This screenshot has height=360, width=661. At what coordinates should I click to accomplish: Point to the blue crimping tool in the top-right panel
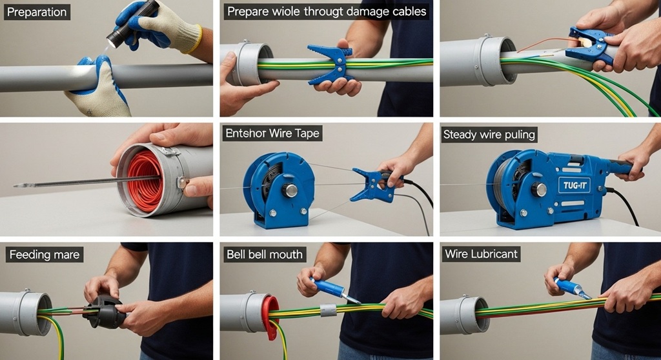point(590,46)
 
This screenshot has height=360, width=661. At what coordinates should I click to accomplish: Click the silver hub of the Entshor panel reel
point(290,190)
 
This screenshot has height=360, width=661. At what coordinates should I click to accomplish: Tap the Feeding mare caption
point(45,255)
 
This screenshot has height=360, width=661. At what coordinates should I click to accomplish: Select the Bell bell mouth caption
point(264,254)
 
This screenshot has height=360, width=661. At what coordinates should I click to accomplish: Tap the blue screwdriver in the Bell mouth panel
point(329,288)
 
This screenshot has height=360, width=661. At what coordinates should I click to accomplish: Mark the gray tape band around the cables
point(329,310)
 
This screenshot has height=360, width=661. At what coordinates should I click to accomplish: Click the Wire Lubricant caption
point(481,254)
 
